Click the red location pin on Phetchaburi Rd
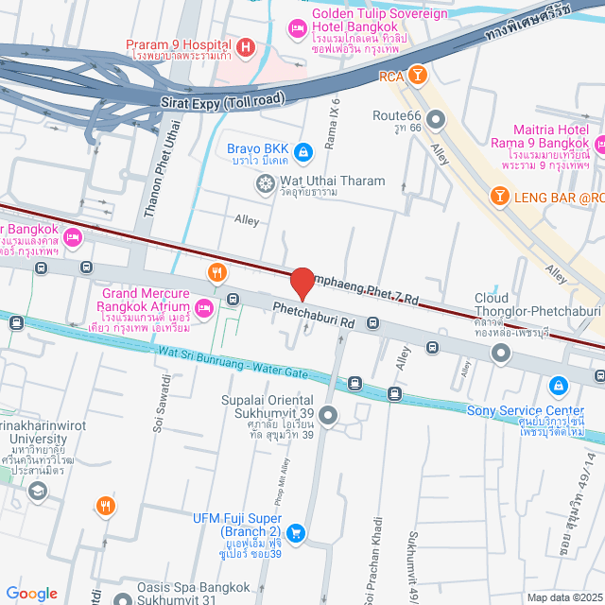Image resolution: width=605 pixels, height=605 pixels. tap(302, 284)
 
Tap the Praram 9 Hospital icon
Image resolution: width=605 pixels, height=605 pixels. tap(246, 45)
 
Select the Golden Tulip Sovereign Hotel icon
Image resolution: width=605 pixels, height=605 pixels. tap(296, 29)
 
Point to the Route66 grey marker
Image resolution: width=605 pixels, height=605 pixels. tap(436, 119)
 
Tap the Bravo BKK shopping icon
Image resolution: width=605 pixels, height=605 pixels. tap(302, 150)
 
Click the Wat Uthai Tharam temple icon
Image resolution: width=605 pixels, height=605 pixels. tap(264, 181)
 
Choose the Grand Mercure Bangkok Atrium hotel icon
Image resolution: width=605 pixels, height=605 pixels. tap(203, 306)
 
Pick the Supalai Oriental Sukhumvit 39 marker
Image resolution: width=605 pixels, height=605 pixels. tap(328, 414)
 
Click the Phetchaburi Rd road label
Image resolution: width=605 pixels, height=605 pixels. tap(313, 316)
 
